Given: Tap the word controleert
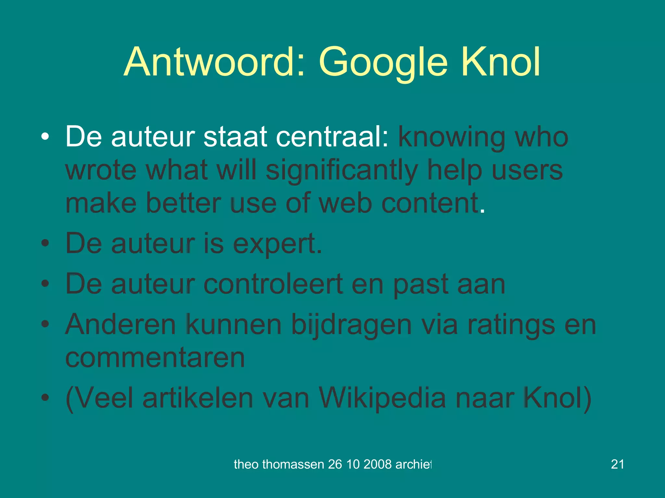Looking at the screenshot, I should [x=273, y=284].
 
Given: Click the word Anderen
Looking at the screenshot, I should [x=120, y=325].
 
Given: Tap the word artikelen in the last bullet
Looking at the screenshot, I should [x=198, y=398].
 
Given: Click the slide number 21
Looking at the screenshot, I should [x=617, y=464].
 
